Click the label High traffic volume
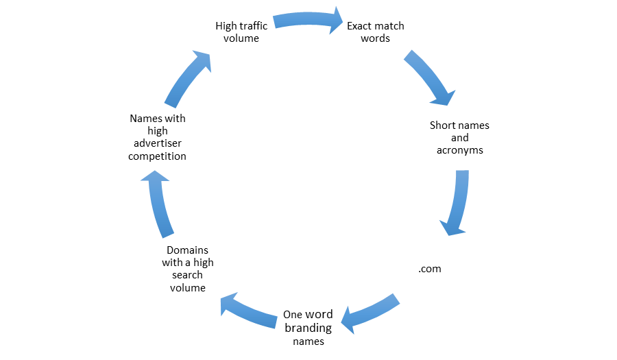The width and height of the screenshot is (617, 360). [241, 32]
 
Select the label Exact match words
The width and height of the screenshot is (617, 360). [376, 32]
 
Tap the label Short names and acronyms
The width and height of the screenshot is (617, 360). [459, 138]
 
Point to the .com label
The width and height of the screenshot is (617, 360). [430, 269]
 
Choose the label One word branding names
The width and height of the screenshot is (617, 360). [308, 328]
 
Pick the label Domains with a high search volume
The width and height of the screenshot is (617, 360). [188, 269]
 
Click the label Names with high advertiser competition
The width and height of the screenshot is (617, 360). [158, 137]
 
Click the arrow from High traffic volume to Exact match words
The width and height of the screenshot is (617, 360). [307, 19]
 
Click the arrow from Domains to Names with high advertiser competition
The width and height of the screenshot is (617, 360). [159, 204]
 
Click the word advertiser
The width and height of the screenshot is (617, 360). [158, 143]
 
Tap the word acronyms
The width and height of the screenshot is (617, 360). [459, 150]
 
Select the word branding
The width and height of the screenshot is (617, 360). [308, 328]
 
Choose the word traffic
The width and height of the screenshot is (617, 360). [253, 25]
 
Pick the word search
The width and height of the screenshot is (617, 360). [187, 275]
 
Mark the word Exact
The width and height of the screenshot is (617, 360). [359, 26]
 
